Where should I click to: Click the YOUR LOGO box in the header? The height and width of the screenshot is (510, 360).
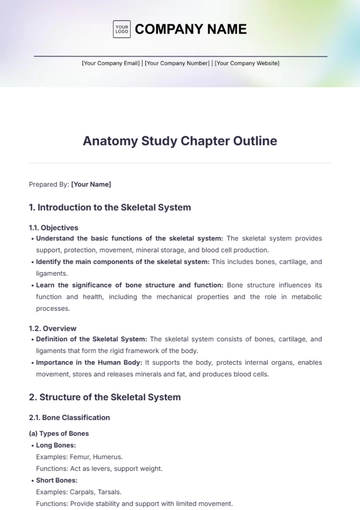[x=121, y=29]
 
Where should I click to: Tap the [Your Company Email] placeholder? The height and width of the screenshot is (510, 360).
[x=110, y=63]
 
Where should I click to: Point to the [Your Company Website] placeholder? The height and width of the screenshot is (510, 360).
[x=247, y=63]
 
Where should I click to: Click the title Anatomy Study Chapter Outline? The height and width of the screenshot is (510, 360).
[x=180, y=141]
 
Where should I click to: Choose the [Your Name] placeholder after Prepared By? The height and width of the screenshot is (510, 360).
[x=91, y=184]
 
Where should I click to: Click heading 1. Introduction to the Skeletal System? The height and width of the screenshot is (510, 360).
[x=110, y=208]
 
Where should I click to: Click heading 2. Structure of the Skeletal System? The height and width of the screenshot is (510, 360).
[x=105, y=397]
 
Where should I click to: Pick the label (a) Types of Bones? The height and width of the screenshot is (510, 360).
[x=59, y=433]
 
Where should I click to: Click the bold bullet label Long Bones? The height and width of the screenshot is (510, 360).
[x=58, y=445]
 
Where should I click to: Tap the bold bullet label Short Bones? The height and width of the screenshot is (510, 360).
[x=59, y=481]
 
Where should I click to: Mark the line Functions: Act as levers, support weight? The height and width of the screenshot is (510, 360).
[x=97, y=469]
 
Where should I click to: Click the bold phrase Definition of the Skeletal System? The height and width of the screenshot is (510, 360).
[x=91, y=339]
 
